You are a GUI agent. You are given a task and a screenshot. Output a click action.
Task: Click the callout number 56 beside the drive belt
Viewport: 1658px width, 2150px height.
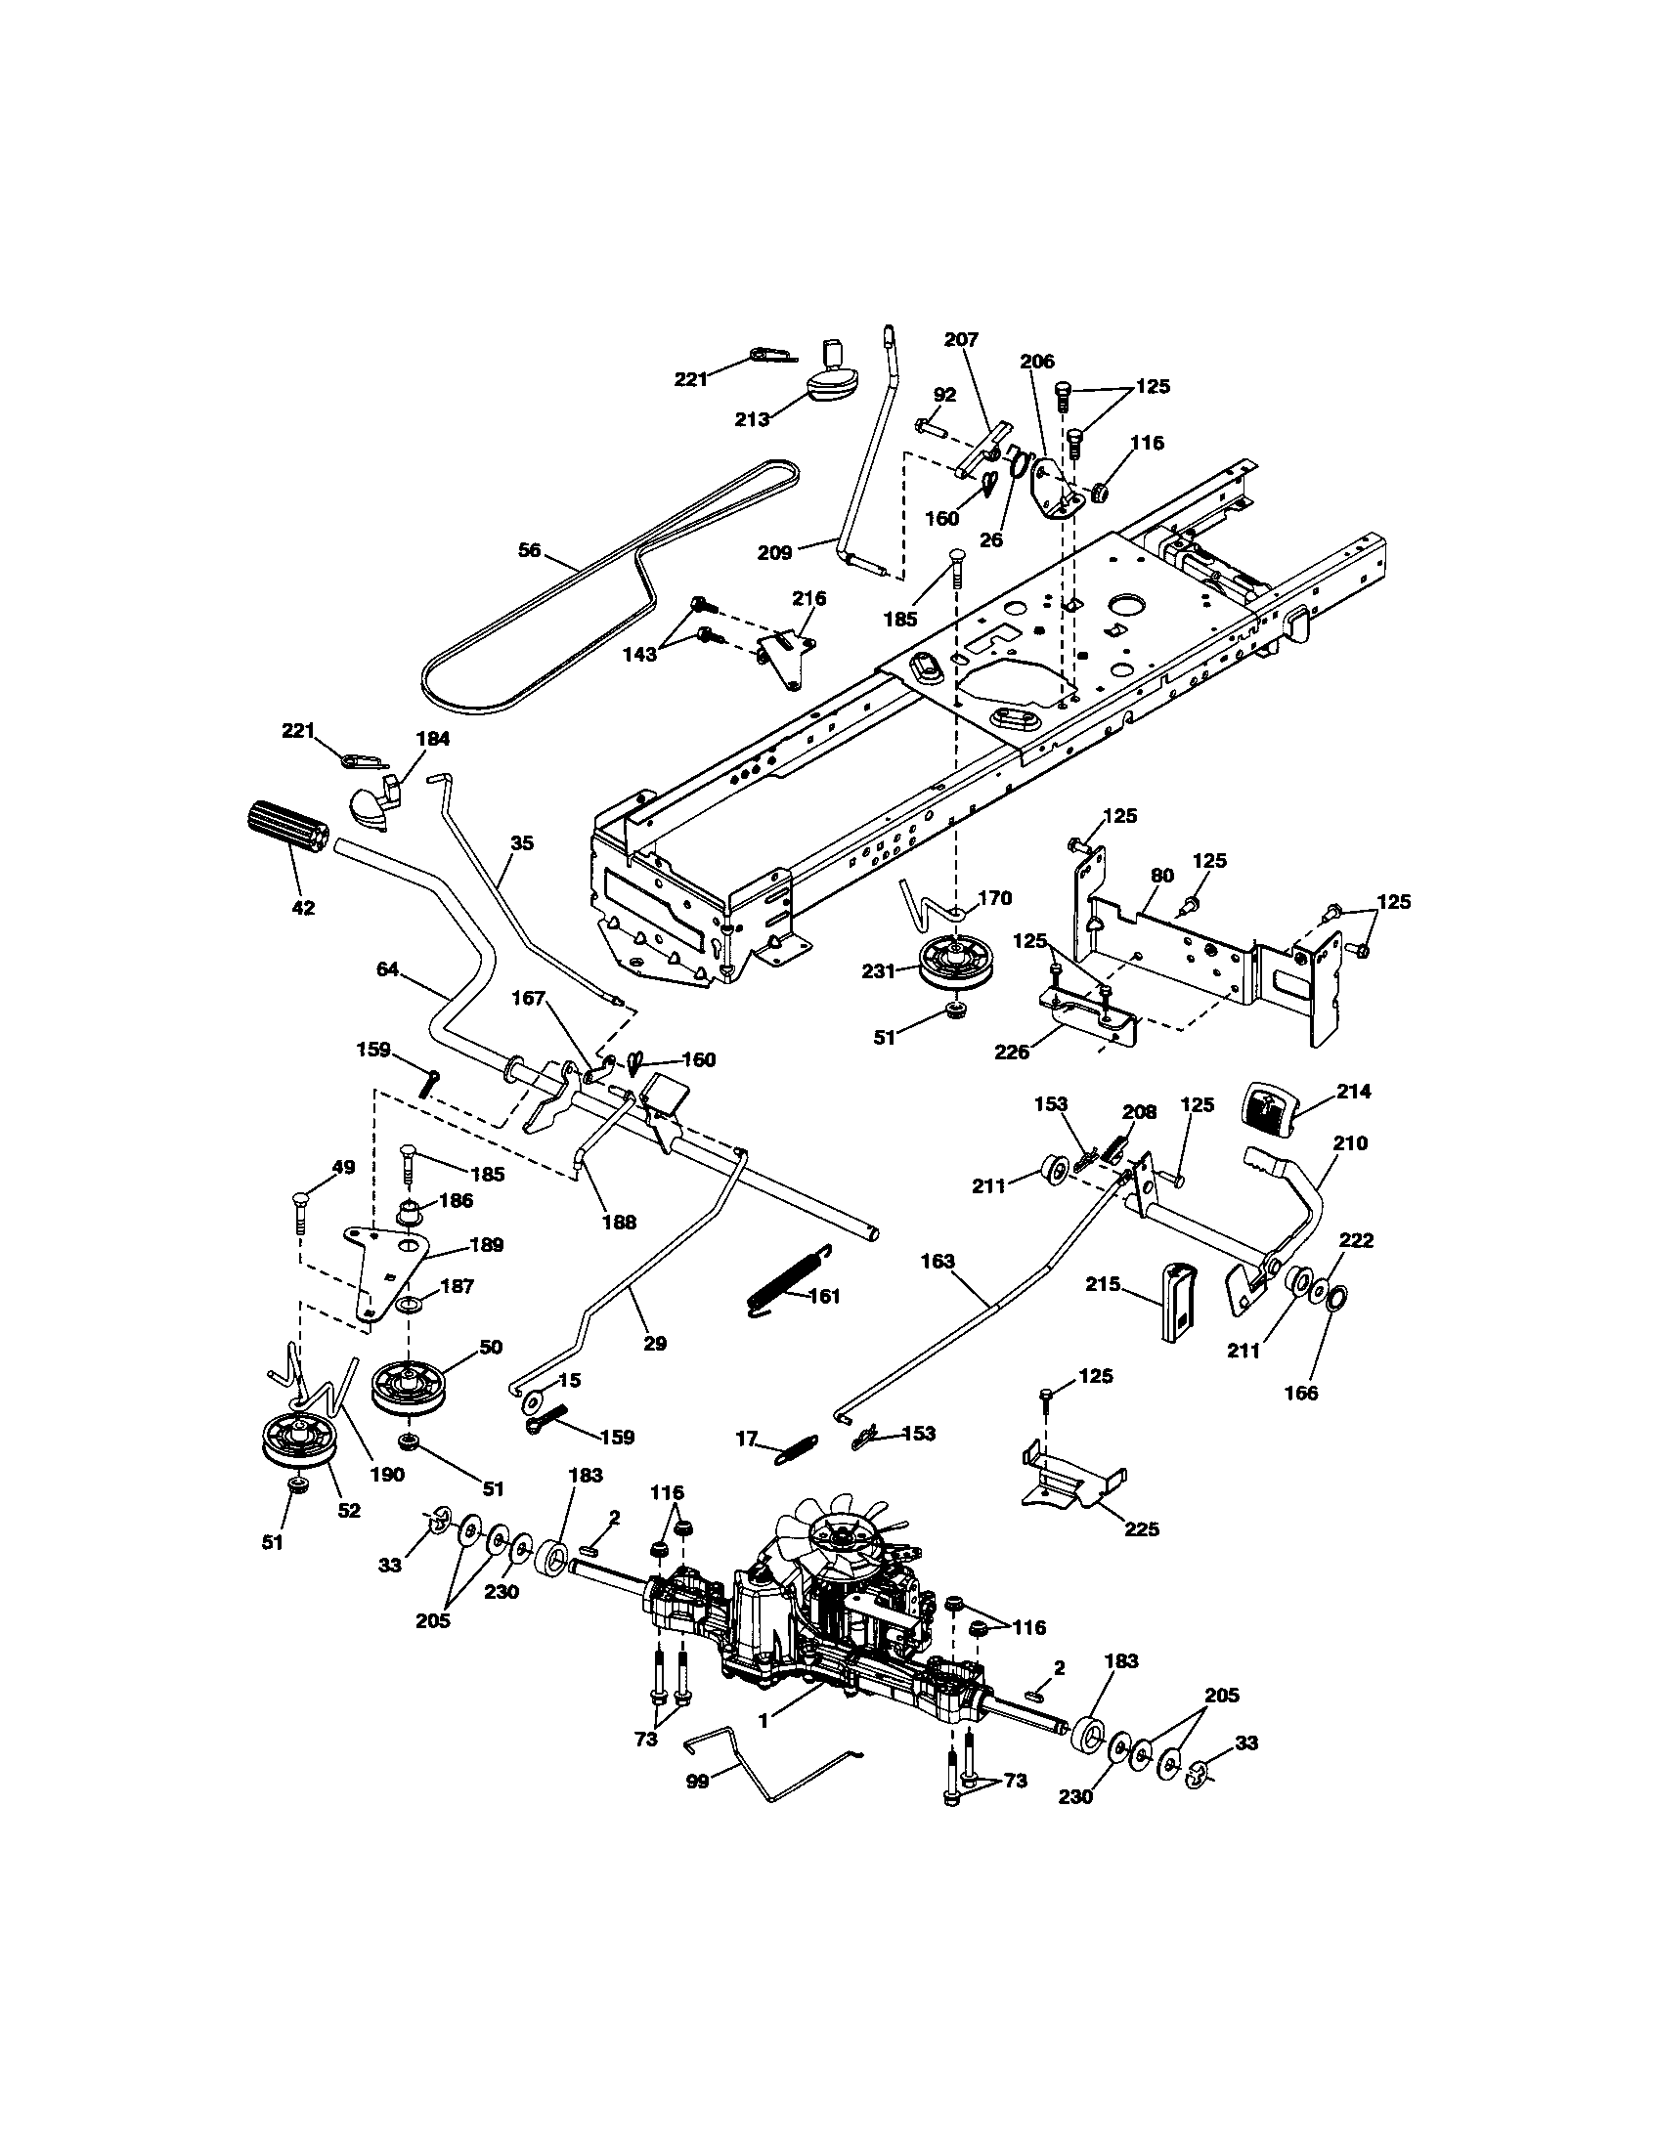[x=530, y=550]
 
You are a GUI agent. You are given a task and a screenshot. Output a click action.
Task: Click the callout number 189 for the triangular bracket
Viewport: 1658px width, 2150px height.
[x=487, y=1244]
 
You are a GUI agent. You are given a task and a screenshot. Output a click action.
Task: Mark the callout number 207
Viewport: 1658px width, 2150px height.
[x=961, y=340]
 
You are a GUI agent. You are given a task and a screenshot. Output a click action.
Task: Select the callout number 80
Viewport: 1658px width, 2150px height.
[x=1161, y=875]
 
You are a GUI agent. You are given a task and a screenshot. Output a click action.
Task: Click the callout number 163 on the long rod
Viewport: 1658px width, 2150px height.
[x=938, y=1261]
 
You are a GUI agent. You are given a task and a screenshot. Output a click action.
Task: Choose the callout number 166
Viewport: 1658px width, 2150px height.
[x=1301, y=1392]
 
